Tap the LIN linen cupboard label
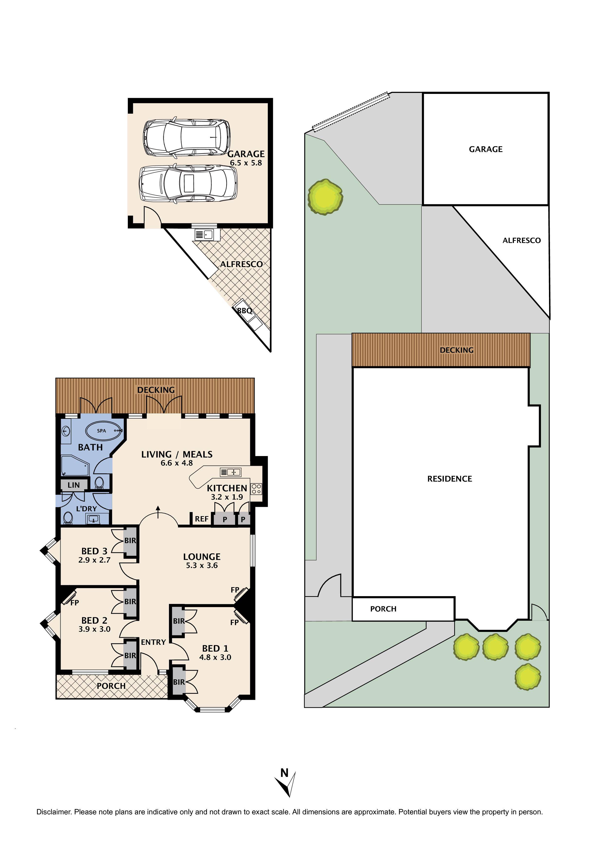pyautogui.click(x=74, y=485)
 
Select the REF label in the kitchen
pyautogui.click(x=202, y=519)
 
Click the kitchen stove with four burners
pyautogui.click(x=256, y=489)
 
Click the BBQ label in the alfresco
pyautogui.click(x=244, y=311)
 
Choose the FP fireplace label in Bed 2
pyautogui.click(x=74, y=603)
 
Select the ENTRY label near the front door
pyautogui.click(x=153, y=642)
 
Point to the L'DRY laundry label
pyautogui.click(x=86, y=509)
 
